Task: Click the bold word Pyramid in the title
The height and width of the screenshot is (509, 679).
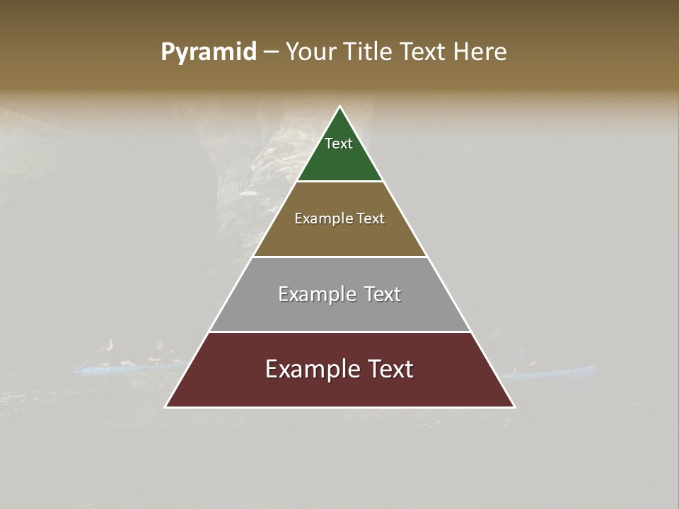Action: pos(208,52)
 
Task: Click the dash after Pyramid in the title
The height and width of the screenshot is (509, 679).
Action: pos(271,53)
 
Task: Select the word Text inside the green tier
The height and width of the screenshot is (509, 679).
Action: pos(339,144)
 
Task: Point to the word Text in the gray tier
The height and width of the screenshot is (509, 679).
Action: pos(382,294)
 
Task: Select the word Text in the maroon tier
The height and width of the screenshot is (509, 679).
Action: pos(388,370)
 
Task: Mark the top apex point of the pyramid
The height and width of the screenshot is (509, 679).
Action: pos(339,107)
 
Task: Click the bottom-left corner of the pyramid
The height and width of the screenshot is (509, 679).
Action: pos(166,406)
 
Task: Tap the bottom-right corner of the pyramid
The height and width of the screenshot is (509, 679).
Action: pos(514,406)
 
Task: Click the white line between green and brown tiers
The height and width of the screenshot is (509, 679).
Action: pos(339,182)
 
